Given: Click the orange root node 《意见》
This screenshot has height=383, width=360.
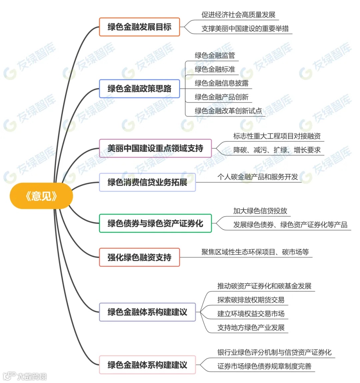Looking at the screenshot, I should pos(41,196).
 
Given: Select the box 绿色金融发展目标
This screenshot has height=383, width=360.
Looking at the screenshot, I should pos(139,27).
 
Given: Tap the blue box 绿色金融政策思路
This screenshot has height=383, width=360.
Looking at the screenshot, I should pos(139,89).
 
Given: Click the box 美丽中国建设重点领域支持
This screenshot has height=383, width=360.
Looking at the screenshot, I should pos(155,148).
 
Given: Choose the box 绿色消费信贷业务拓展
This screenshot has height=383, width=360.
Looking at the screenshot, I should pos(147,182).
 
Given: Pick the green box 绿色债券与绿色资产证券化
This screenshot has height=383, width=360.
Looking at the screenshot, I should pos(155,223).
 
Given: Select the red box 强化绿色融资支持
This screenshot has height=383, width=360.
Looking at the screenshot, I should pos(139,257).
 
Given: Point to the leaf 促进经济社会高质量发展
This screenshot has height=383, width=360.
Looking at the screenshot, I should pos(238,15).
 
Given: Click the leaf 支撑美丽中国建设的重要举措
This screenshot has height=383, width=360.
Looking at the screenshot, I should pos(245,29).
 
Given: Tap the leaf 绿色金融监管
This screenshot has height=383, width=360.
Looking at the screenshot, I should pos(215,55).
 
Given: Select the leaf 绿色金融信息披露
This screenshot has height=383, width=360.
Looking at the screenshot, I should pos(222,83).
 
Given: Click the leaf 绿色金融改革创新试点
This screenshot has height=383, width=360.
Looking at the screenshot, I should pos(228,111).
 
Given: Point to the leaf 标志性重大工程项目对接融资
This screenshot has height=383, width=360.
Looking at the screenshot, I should pos(277,136).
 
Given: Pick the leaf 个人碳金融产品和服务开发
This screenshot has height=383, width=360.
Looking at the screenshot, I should pos(258,177).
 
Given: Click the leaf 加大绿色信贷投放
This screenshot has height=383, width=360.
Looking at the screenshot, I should pos(260,211).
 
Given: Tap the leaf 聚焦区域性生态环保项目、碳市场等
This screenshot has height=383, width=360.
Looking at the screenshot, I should pos(255,252).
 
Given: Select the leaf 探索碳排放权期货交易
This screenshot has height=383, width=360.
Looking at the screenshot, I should pos(251,300).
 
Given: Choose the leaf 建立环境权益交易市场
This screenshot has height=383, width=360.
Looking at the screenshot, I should pos(251,314).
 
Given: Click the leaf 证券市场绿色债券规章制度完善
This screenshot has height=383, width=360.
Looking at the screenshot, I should pos(264,366).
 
